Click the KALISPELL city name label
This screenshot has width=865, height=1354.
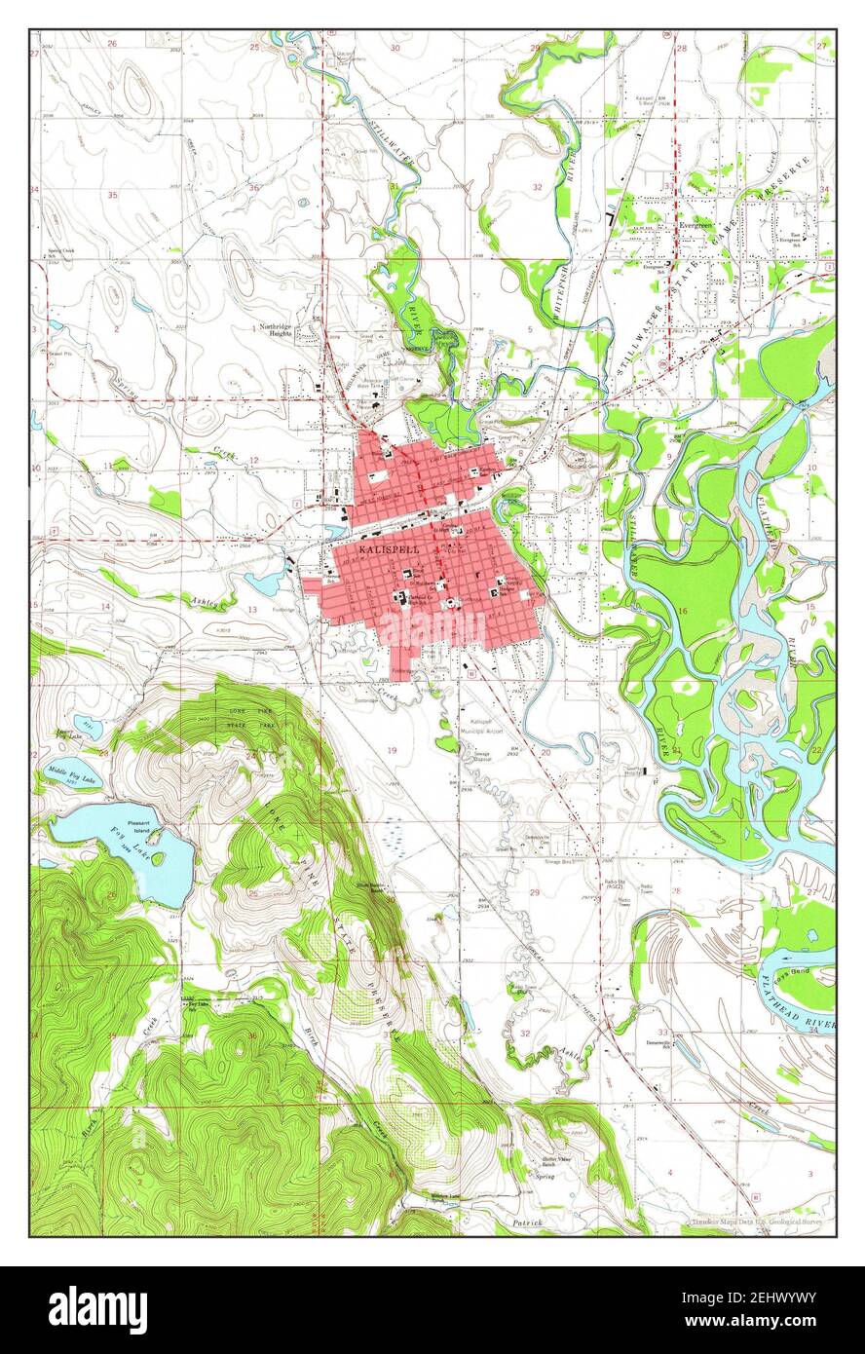point(377,549)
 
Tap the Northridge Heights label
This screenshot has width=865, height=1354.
point(282,330)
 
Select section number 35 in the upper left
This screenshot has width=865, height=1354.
point(112,195)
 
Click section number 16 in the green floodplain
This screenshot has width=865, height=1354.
point(682,611)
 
